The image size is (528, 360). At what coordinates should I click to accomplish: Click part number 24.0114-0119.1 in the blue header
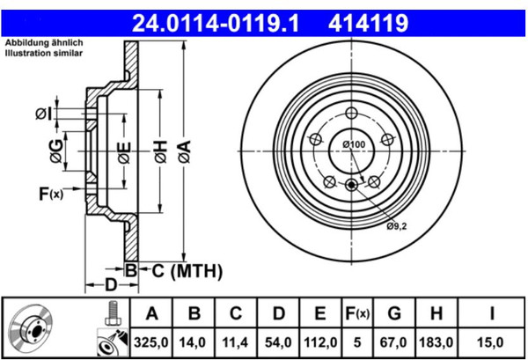pos(216,23)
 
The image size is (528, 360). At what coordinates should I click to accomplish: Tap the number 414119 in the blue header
pos(369,23)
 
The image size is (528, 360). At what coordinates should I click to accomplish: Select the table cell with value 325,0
pos(150,342)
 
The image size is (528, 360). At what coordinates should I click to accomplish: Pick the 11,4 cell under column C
pos(235,342)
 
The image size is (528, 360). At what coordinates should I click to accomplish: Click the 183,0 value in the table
pos(436,342)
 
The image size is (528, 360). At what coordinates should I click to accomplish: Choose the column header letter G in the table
pos(394,313)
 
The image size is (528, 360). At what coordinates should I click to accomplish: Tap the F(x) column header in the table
pos(357,313)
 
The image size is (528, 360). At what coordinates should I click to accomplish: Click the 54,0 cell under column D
pos(278,342)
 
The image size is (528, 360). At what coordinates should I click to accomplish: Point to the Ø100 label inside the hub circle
pos(354,144)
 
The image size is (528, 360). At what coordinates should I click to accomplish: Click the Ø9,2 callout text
pos(397,226)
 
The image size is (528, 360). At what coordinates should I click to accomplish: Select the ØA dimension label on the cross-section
pos(185,152)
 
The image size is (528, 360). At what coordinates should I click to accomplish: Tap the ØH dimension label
pos(161,152)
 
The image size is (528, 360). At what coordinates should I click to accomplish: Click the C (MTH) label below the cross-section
pos(187,271)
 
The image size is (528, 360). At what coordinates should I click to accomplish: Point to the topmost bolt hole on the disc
pos(351,113)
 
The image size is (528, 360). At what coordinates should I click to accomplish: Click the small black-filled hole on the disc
pos(351,185)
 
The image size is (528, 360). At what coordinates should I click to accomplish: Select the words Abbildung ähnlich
pos(44,43)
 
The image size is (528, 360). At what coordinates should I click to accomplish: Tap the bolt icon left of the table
pos(113,312)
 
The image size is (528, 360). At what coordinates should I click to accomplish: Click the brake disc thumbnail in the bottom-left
pos(31,328)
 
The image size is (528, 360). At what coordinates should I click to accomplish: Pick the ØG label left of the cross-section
pos(56,151)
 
